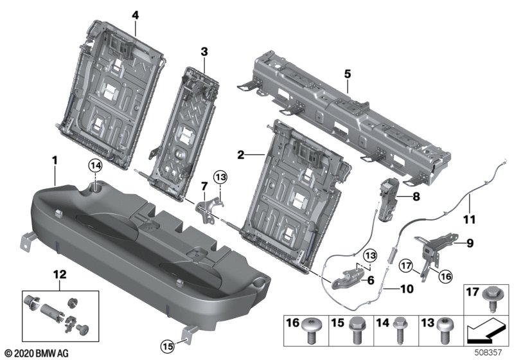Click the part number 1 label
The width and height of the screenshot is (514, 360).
[x=55, y=158]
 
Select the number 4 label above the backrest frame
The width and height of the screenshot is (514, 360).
[x=136, y=14]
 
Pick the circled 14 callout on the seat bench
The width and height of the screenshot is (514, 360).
[x=95, y=166]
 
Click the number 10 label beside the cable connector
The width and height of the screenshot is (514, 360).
[x=406, y=289]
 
